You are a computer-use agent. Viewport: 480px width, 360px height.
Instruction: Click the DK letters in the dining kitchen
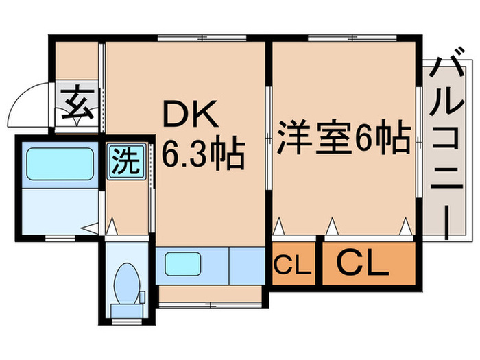(191, 114)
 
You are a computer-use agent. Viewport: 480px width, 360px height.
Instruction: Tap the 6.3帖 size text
(203, 154)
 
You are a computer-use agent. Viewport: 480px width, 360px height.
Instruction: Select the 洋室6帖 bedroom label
(344, 137)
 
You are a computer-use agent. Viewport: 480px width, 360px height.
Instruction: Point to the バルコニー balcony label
(446, 143)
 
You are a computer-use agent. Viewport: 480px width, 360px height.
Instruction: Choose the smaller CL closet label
(293, 264)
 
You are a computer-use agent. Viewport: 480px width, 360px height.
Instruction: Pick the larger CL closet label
(363, 263)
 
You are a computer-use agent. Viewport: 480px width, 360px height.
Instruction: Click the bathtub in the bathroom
(60, 164)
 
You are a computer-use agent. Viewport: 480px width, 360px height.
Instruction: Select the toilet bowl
(126, 283)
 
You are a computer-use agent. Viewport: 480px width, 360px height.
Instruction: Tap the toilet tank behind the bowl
(127, 311)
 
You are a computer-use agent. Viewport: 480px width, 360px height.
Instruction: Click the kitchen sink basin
(183, 263)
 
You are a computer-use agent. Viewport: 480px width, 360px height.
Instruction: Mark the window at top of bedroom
(352, 38)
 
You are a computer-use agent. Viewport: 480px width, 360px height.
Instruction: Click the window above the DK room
(202, 38)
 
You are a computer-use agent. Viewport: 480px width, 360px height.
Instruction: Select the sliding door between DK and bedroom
(269, 139)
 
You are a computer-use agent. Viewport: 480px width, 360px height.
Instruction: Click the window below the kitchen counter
(211, 305)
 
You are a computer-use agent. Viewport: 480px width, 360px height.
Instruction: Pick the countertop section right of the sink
(247, 266)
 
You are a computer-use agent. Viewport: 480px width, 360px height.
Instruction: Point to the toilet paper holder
(142, 298)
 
